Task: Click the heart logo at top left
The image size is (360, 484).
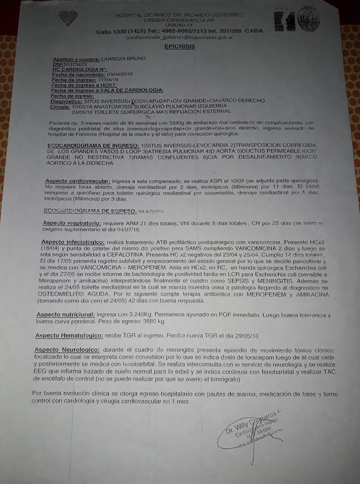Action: click(68, 19)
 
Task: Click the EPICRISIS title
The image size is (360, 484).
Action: click(179, 46)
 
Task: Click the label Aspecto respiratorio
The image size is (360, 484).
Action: click(75, 223)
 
